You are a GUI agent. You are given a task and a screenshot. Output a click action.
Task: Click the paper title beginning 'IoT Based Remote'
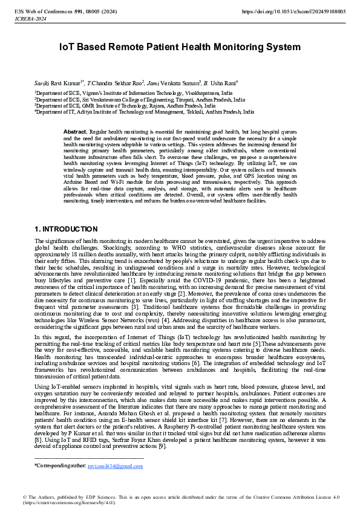pos(180,47)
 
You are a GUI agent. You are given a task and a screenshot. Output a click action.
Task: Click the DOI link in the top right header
pos(293,11)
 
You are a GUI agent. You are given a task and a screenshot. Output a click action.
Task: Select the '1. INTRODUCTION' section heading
pos(65,229)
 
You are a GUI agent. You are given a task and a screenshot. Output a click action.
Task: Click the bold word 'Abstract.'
pos(75,131)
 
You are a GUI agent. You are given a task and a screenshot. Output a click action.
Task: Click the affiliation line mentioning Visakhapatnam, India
pos(133,94)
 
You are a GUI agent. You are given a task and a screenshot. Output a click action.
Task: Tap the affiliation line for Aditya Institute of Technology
pos(136,112)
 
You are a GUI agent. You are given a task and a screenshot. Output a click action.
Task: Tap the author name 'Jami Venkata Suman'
pos(173,82)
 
